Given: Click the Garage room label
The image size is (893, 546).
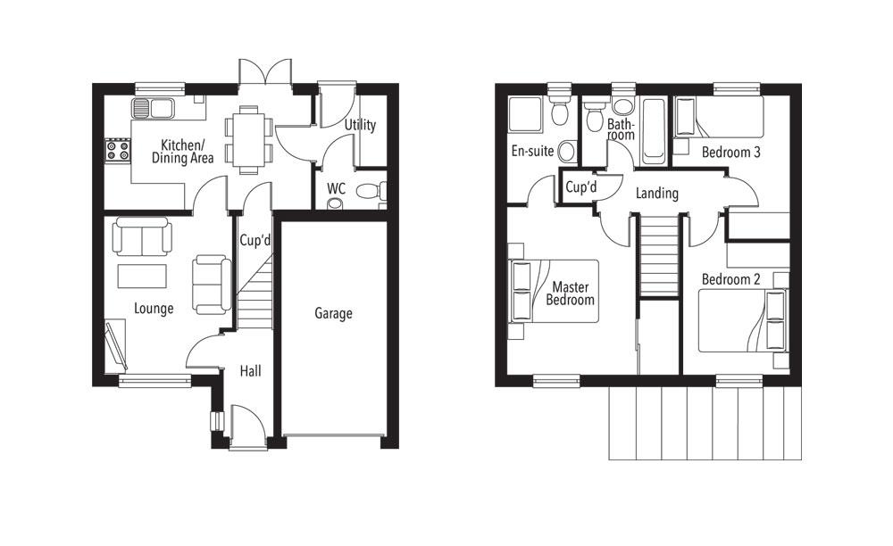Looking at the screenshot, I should (x=333, y=313).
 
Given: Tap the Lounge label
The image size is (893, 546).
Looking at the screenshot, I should (x=154, y=309).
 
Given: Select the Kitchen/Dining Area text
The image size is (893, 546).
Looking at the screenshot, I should (x=187, y=152).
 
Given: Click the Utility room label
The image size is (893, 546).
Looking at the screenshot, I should (x=360, y=125).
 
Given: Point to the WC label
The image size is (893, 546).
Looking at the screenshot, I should (x=336, y=188).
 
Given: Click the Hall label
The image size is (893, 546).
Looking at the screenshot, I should (x=250, y=370).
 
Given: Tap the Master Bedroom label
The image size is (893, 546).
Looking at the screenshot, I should (x=570, y=294).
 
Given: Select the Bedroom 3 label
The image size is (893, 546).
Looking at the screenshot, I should (x=730, y=152).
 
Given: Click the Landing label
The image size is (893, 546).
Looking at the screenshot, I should (x=656, y=193).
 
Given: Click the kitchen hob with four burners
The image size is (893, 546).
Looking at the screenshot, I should (x=118, y=150).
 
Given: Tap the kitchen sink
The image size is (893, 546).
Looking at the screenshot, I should (x=153, y=109).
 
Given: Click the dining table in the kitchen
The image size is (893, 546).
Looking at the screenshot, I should (x=247, y=138).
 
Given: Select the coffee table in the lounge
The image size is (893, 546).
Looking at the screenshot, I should (x=142, y=276).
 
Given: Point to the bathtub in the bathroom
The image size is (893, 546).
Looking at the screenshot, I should (x=652, y=132).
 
